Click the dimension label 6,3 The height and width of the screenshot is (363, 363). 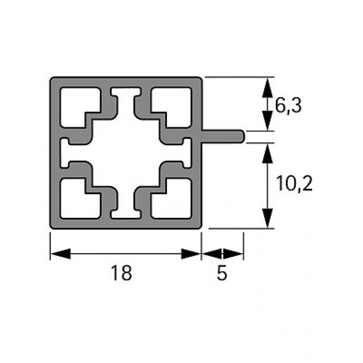288,106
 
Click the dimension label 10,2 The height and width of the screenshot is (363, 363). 294,183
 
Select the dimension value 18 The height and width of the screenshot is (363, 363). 121,273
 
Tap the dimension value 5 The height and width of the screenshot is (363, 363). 222,273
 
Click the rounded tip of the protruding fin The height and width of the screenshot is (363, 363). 242,137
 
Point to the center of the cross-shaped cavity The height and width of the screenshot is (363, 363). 126,153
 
